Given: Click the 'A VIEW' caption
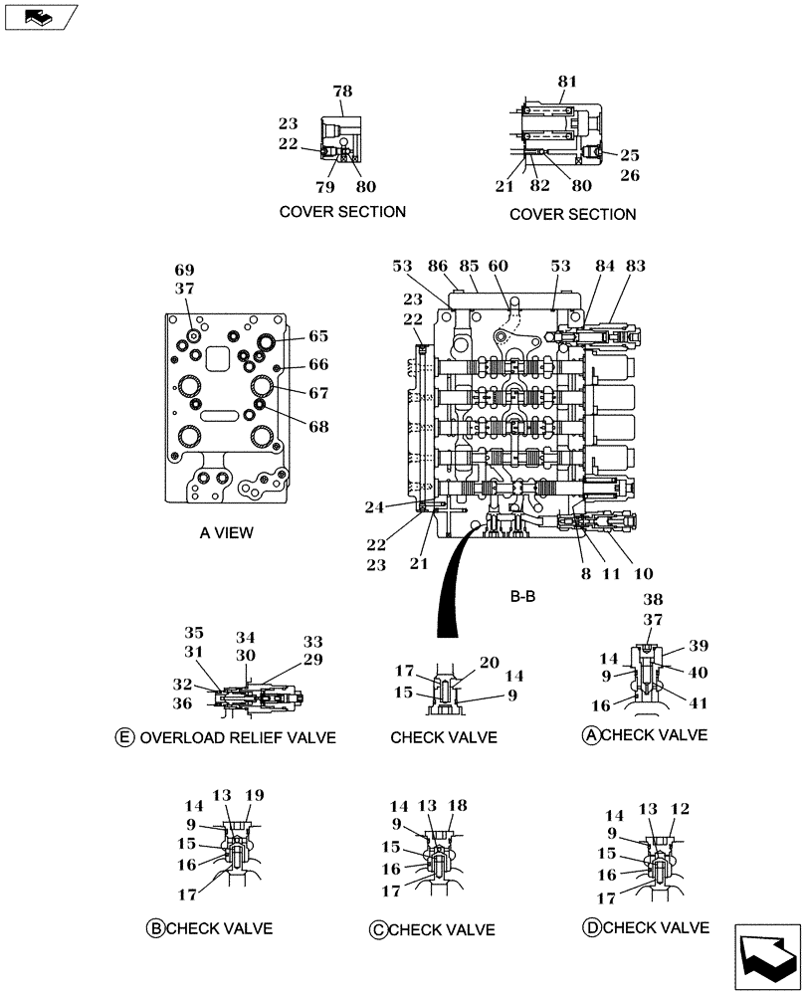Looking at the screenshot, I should coord(226,532).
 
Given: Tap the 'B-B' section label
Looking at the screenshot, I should coord(522,598).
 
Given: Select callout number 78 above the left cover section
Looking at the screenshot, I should coord(342,92).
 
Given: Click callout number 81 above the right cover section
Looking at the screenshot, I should coord(566,82).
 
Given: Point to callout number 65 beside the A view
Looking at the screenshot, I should coord(317,336).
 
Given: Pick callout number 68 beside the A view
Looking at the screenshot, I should coord(317,426).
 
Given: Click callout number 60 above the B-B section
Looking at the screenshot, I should coord(498,266).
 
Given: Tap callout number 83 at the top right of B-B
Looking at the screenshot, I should coord(636,266).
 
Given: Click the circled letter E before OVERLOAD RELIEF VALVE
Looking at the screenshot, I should coord(124,737).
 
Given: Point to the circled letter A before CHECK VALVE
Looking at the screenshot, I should coord(590,735).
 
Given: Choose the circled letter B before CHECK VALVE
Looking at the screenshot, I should coord(155,928).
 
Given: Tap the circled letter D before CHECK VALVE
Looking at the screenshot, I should coord(591,927).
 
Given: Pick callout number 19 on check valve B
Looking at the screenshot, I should coord(254,795).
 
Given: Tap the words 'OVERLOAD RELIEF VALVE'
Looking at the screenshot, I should coord(238,737).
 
